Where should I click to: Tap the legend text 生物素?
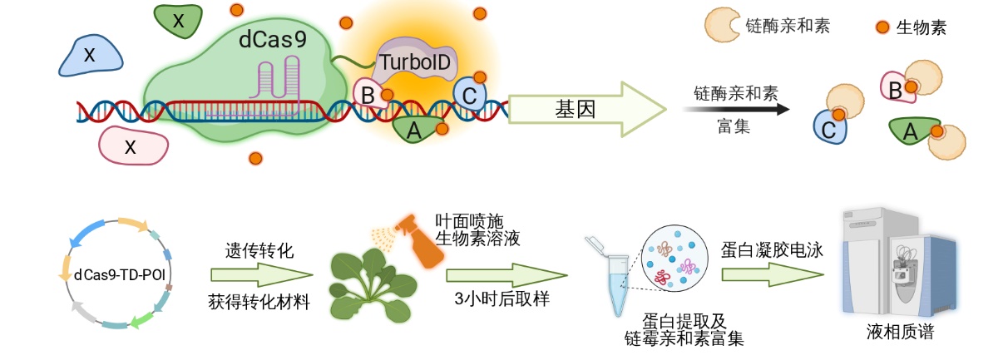click(x=922, y=28)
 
